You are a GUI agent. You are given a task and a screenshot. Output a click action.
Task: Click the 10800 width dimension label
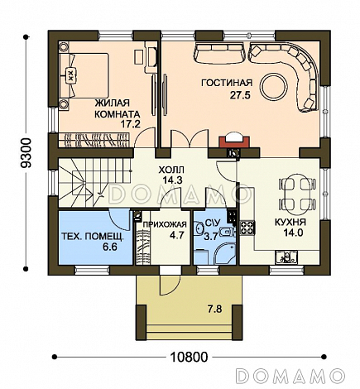click(189, 358)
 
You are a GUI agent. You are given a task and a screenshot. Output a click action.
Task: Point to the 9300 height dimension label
click(26, 153)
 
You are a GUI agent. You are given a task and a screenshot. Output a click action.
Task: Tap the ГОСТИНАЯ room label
click(227, 83)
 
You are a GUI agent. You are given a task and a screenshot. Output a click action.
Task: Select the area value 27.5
click(240, 95)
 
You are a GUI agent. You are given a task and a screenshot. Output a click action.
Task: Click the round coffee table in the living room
click(274, 88)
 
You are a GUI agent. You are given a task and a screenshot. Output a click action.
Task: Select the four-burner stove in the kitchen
click(247, 228)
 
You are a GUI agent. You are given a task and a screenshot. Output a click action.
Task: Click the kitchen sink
click(286, 257)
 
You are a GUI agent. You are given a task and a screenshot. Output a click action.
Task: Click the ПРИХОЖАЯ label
click(165, 225)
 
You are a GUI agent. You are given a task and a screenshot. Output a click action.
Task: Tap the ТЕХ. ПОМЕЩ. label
click(93, 237)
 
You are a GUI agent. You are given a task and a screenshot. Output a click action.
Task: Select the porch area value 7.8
click(215, 310)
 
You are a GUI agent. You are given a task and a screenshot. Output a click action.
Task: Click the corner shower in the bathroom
click(225, 254)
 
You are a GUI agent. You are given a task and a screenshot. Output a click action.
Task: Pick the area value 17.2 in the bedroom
click(131, 124)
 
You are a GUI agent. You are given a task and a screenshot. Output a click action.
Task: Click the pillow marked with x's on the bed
click(70, 74)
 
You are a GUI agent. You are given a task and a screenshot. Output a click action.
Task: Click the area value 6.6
click(110, 247)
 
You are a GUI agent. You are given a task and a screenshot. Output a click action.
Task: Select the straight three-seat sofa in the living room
click(220, 52)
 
